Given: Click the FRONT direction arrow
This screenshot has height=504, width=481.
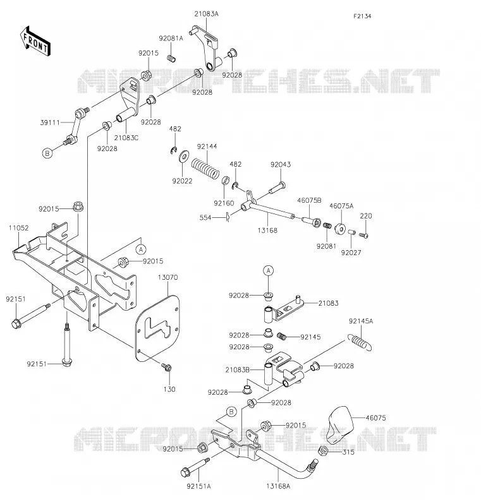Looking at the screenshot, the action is click(x=35, y=42).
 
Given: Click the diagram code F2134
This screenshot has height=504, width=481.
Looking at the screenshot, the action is click(x=362, y=16).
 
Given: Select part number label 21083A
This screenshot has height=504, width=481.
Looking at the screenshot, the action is click(x=206, y=14).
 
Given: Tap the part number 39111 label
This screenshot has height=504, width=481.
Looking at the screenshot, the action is click(x=50, y=123).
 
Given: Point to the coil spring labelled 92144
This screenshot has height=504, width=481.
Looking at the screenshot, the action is click(x=205, y=169).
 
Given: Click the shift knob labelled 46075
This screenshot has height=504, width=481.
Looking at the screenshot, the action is click(x=339, y=424).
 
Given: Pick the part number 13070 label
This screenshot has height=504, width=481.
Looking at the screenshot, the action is click(x=167, y=277).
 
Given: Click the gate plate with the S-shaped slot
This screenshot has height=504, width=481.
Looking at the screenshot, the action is click(x=157, y=328).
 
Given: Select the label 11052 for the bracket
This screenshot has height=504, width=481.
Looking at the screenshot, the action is click(x=19, y=228).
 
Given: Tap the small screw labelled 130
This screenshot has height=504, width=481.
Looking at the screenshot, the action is click(x=167, y=367).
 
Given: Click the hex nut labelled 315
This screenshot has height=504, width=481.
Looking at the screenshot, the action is click(x=323, y=451).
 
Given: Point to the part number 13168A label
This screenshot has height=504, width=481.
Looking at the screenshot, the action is click(x=278, y=486).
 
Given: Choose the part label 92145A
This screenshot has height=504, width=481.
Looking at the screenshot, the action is click(x=361, y=321).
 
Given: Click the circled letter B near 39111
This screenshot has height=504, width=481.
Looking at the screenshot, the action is click(x=47, y=153).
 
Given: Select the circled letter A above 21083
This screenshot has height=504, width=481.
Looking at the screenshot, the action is click(x=269, y=271).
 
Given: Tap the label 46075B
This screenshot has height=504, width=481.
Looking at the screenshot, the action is click(x=309, y=200).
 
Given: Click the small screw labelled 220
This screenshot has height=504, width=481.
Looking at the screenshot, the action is click(x=363, y=236).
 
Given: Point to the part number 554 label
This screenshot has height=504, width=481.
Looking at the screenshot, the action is click(x=205, y=218).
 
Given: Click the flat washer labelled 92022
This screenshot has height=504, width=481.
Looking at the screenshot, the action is click(x=184, y=156).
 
